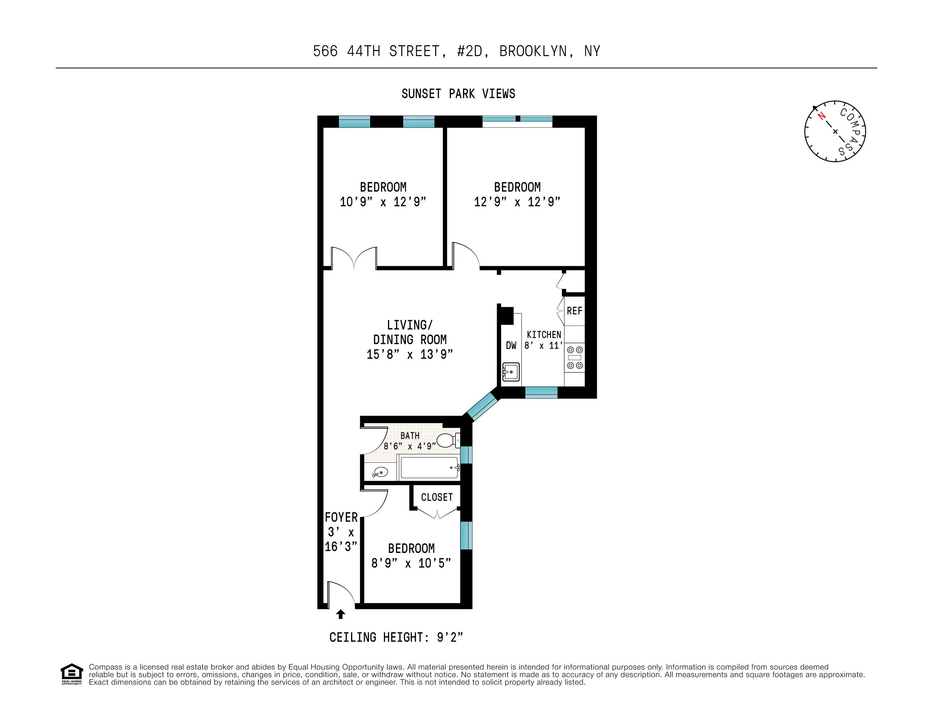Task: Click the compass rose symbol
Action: pyautogui.click(x=835, y=131)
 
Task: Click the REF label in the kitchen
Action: pyautogui.click(x=574, y=311)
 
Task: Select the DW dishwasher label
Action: pyautogui.click(x=511, y=346)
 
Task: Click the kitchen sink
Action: pyautogui.click(x=511, y=372)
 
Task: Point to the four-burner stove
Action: pyautogui.click(x=574, y=357)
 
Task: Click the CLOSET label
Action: pyautogui.click(x=437, y=497)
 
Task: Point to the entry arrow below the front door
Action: pyautogui.click(x=340, y=614)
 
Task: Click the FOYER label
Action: pyautogui.click(x=341, y=517)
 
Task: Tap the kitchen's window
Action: pyautogui.click(x=541, y=392)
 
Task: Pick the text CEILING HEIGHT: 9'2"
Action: pyautogui.click(x=396, y=637)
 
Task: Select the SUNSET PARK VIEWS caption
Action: pyautogui.click(x=458, y=94)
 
